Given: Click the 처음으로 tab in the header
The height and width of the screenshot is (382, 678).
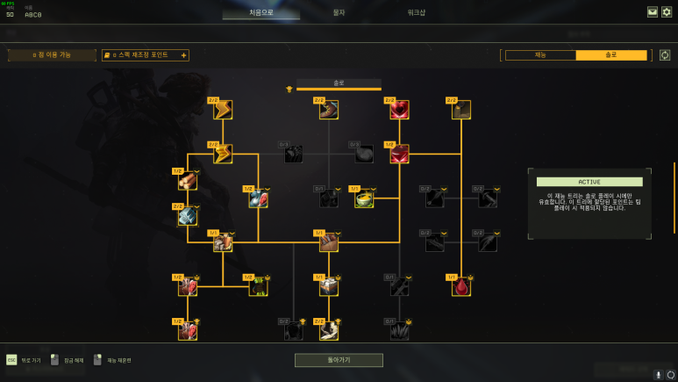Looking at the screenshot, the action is click(x=260, y=13).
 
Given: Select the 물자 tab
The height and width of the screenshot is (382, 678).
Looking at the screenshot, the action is click(x=339, y=13).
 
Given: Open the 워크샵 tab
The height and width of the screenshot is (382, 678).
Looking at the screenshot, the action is click(x=417, y=13).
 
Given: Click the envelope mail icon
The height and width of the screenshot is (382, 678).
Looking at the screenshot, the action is click(x=653, y=12).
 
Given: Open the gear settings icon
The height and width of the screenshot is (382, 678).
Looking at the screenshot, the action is click(x=667, y=12).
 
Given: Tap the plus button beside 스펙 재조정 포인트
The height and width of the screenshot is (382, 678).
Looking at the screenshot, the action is click(x=183, y=55).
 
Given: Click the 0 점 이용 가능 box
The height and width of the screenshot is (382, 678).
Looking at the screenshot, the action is click(x=52, y=55).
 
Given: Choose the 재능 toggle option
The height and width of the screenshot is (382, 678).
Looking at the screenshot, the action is click(x=539, y=54).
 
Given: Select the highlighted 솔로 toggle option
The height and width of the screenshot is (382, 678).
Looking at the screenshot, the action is click(x=610, y=54).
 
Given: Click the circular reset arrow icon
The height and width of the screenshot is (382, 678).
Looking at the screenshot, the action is click(x=665, y=55).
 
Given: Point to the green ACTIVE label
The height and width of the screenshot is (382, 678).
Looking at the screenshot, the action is click(x=589, y=182).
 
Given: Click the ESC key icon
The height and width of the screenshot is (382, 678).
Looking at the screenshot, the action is click(x=11, y=360).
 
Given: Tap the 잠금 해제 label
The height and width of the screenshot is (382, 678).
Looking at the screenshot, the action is click(x=73, y=360).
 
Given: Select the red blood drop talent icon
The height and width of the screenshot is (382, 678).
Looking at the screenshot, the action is click(x=461, y=287).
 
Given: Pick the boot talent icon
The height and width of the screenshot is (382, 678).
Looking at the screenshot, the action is click(x=329, y=110).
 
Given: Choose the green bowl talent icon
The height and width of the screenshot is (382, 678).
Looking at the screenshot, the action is click(x=364, y=198).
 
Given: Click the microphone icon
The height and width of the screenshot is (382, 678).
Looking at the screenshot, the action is click(x=658, y=374).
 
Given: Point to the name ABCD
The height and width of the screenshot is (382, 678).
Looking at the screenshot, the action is click(x=32, y=15).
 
